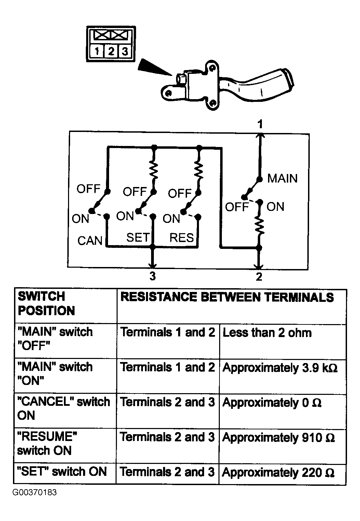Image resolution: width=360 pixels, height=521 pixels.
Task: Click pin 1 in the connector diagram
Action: (97, 51)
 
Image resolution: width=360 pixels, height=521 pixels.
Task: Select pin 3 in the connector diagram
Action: (125, 51)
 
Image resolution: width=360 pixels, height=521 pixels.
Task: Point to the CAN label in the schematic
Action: (90, 241)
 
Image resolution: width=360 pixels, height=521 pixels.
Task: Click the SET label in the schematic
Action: (138, 238)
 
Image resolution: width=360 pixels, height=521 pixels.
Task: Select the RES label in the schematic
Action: (182, 238)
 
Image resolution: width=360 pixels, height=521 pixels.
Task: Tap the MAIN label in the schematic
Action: (282, 178)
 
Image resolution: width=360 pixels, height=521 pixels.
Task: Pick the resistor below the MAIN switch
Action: (259, 225)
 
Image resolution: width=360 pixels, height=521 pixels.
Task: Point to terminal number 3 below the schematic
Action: (152, 276)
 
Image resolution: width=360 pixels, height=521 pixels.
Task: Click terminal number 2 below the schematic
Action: (259, 277)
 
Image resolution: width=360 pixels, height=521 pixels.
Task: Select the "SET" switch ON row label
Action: (62, 471)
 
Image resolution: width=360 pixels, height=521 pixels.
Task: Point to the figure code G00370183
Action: (35, 492)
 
